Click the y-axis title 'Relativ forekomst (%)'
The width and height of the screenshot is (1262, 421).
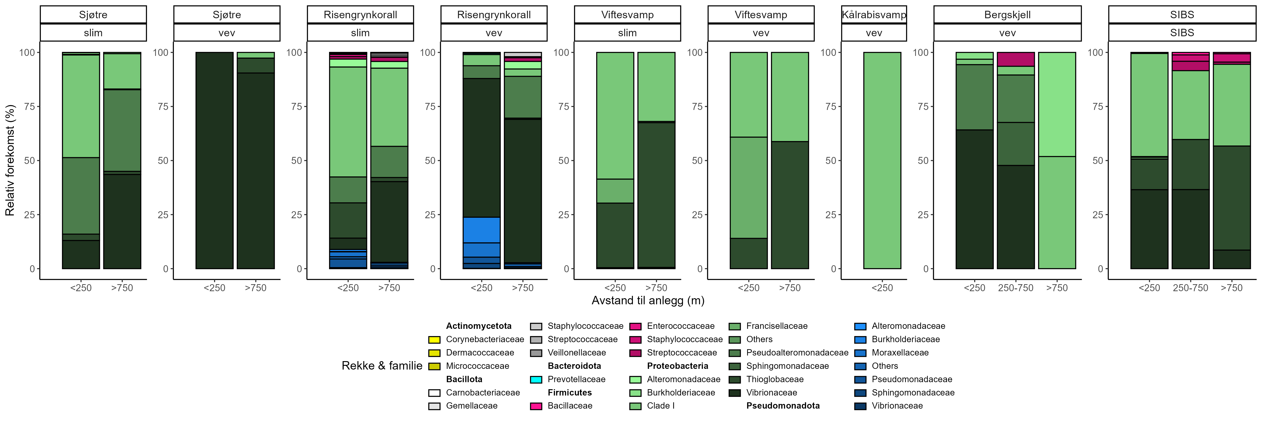click(10, 160)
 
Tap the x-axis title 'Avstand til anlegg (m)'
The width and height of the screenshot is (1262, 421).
click(648, 301)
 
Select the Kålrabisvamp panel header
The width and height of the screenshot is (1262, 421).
click(874, 15)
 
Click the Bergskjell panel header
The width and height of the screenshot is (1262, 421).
click(1007, 15)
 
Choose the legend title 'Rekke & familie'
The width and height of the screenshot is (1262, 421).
click(382, 366)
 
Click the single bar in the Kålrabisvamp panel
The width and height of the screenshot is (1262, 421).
click(882, 160)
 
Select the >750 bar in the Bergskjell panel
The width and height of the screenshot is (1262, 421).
click(1057, 160)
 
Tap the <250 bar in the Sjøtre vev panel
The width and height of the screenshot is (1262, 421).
click(215, 160)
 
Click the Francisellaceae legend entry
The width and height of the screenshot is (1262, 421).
click(777, 326)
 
